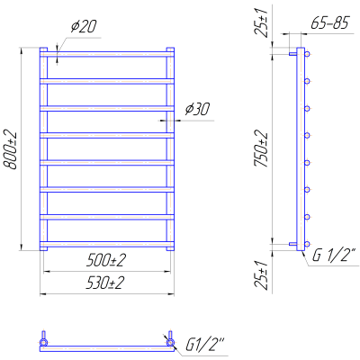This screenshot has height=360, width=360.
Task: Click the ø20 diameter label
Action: (84, 27)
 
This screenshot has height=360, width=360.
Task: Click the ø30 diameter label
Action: (197, 109)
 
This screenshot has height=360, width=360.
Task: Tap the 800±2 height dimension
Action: (11, 150)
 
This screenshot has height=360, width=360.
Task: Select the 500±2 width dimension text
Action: (106, 260)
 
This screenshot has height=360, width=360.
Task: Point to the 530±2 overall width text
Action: (104, 283)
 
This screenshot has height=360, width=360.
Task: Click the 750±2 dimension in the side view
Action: (261, 148)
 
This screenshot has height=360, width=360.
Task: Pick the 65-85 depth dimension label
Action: (330, 23)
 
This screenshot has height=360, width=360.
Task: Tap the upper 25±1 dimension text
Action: (261, 22)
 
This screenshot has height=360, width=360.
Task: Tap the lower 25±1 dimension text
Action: (261, 274)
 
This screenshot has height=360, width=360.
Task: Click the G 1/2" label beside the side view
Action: (334, 256)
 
